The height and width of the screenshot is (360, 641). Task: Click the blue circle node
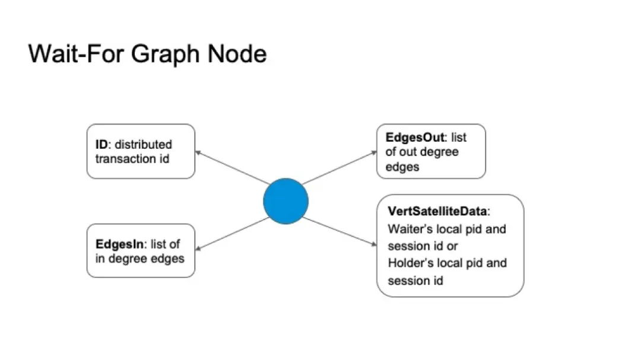pos(285,201)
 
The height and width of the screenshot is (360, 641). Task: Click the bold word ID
pos(101,144)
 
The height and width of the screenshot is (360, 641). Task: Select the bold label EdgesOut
pos(414,138)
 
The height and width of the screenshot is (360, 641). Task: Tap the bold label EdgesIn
pos(119,244)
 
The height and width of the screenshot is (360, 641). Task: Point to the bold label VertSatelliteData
pos(437,211)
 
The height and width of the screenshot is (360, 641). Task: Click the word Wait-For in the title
pos(76,53)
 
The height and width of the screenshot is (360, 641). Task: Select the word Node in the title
pos(237,53)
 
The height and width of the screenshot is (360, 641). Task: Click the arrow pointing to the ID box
pos(232,167)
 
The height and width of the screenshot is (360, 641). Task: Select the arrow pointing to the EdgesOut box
pos(339,167)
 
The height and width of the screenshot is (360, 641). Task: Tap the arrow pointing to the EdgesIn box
pos(232,234)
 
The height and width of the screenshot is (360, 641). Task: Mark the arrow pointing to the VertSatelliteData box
pos(339,231)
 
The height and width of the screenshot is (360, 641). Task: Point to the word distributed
pos(144,144)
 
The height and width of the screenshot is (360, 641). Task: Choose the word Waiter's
pos(410,229)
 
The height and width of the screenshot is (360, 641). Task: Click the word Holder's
pos(410,263)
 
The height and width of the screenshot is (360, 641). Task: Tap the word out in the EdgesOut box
pos(407,152)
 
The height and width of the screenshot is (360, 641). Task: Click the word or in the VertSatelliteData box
pos(452,246)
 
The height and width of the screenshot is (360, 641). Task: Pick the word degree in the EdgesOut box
pos(439,152)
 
